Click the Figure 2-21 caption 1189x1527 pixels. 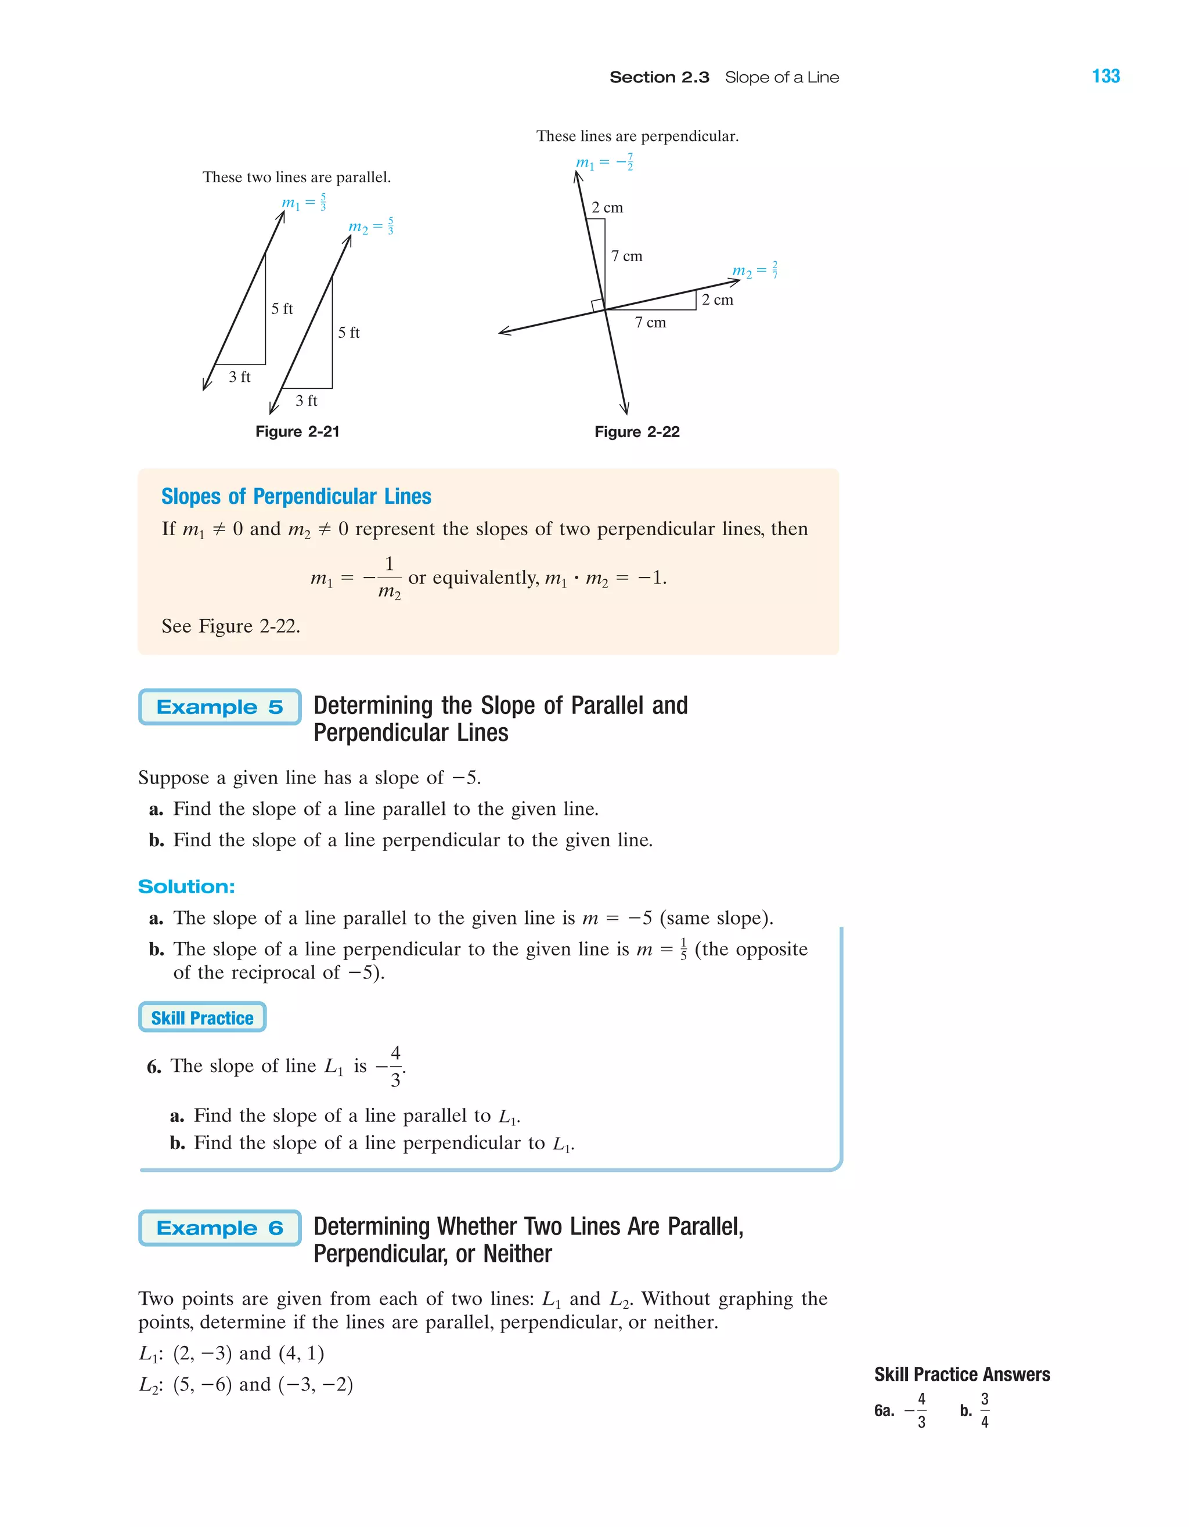pyautogui.click(x=297, y=431)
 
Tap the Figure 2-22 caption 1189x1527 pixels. pyautogui.click(x=636, y=431)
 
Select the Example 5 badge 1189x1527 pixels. pyautogui.click(x=219, y=707)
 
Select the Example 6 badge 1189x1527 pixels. pyautogui.click(x=219, y=1228)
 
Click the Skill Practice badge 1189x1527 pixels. pyautogui.click(x=202, y=1017)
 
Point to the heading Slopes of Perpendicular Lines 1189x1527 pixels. pyautogui.click(x=296, y=496)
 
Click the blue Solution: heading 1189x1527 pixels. pyautogui.click(x=186, y=887)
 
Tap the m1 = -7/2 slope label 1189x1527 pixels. pyautogui.click(x=604, y=162)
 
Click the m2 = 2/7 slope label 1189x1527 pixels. pyautogui.click(x=755, y=270)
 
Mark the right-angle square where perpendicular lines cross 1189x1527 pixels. pyautogui.click(x=597, y=305)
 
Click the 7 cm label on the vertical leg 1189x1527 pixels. pyautogui.click(x=626, y=256)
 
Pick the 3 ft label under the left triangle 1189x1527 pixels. pyautogui.click(x=239, y=377)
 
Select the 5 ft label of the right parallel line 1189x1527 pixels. pyautogui.click(x=348, y=333)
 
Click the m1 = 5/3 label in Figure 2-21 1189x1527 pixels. pyautogui.click(x=304, y=203)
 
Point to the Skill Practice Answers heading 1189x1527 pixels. pyautogui.click(x=961, y=1374)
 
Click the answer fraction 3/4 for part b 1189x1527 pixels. pyautogui.click(x=984, y=1410)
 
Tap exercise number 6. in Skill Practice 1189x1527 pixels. pyautogui.click(x=154, y=1067)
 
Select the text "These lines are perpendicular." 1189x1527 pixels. pyautogui.click(x=637, y=136)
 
